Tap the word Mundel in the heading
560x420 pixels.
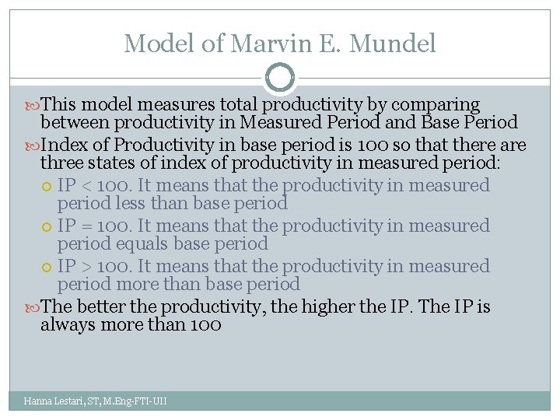(x=393, y=44)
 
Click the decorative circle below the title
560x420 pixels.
(x=280, y=79)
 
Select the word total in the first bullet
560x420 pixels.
(x=239, y=104)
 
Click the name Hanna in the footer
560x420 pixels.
(x=37, y=401)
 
